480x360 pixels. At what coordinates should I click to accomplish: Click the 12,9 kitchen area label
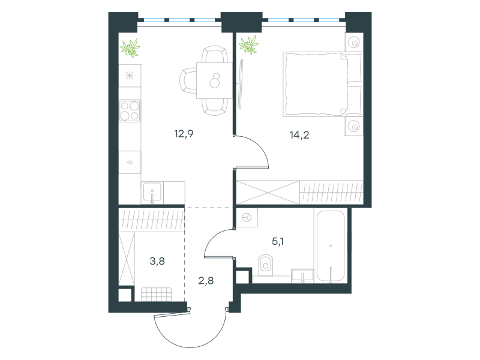[x=184, y=134]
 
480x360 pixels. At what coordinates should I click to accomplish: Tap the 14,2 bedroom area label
[x=299, y=134]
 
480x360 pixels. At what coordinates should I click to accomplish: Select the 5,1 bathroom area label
[x=278, y=242]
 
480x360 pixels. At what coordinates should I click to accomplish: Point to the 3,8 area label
[x=157, y=261]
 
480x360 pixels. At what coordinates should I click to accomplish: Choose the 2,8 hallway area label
[x=206, y=280]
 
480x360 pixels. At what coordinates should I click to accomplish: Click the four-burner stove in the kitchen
[x=130, y=111]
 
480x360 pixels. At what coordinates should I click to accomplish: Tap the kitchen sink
[x=152, y=193]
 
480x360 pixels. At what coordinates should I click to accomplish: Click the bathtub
[x=331, y=246]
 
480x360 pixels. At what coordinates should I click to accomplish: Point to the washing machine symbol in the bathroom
[x=247, y=218]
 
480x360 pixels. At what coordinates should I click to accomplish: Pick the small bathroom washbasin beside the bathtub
[x=302, y=276]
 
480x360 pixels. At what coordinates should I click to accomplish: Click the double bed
[x=323, y=84]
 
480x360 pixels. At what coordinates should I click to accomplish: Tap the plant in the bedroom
[x=248, y=46]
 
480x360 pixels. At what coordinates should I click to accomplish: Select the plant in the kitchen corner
[x=130, y=48]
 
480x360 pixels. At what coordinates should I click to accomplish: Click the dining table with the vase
[x=214, y=80]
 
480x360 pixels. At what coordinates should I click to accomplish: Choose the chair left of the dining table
[x=188, y=80]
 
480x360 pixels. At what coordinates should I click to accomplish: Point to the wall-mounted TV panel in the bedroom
[x=241, y=84]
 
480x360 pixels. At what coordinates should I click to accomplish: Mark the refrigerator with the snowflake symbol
[x=130, y=76]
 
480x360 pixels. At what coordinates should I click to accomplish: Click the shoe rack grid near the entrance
[x=156, y=295]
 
